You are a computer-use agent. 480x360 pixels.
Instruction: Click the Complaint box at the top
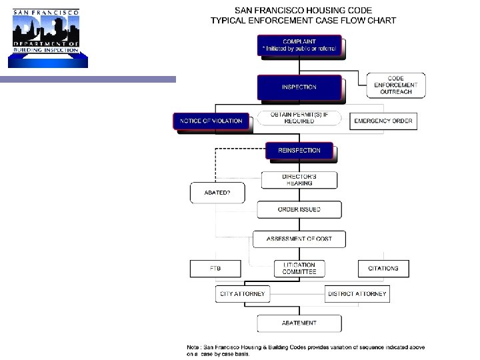coord(299,45)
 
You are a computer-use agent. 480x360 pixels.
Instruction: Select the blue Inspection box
coord(299,87)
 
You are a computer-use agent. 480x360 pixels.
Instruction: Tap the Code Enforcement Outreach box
coord(396,85)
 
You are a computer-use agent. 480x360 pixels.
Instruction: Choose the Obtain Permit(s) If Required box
coord(299,118)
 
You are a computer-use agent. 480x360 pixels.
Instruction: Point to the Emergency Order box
coord(383,121)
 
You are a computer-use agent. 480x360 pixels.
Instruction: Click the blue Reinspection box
coord(299,151)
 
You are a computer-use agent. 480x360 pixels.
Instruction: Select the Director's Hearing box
coord(299,179)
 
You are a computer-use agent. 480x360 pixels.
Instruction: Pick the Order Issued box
coord(299,209)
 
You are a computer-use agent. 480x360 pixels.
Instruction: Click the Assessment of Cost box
coord(299,239)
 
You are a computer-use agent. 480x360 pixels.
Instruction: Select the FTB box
coord(215,268)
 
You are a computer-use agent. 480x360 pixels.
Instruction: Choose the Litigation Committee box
coord(299,268)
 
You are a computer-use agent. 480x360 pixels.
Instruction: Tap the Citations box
coord(383,268)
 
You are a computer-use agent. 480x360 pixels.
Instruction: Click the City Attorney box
coord(242,293)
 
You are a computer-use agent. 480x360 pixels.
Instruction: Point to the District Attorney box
coord(357,293)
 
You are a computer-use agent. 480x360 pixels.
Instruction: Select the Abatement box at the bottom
coord(299,323)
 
